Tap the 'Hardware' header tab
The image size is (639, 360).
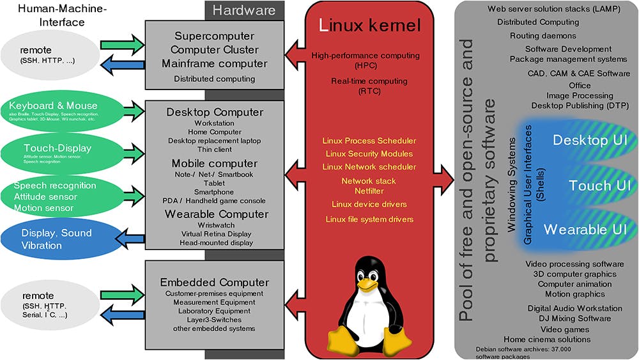pyautogui.click(x=244, y=10)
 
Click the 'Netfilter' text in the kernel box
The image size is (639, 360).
pyautogui.click(x=369, y=190)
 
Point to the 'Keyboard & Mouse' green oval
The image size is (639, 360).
pyautogui.click(x=54, y=109)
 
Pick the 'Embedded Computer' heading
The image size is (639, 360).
pyautogui.click(x=214, y=282)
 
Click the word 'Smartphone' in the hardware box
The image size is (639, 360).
pyautogui.click(x=214, y=191)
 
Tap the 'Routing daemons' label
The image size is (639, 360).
pyautogui.click(x=543, y=36)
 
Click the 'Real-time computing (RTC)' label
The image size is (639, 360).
pyautogui.click(x=369, y=86)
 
